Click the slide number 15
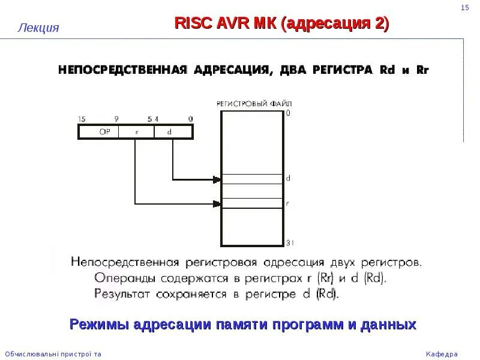click(464, 7)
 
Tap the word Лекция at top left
click(38, 28)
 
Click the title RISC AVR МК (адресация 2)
click(281, 23)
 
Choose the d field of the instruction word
click(170, 132)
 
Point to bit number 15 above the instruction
click(82, 119)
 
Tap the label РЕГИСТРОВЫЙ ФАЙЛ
click(250, 104)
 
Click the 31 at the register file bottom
click(289, 242)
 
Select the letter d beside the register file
click(289, 178)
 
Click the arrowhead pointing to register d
click(217, 179)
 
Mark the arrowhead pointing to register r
click(217, 203)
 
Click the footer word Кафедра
click(442, 353)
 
